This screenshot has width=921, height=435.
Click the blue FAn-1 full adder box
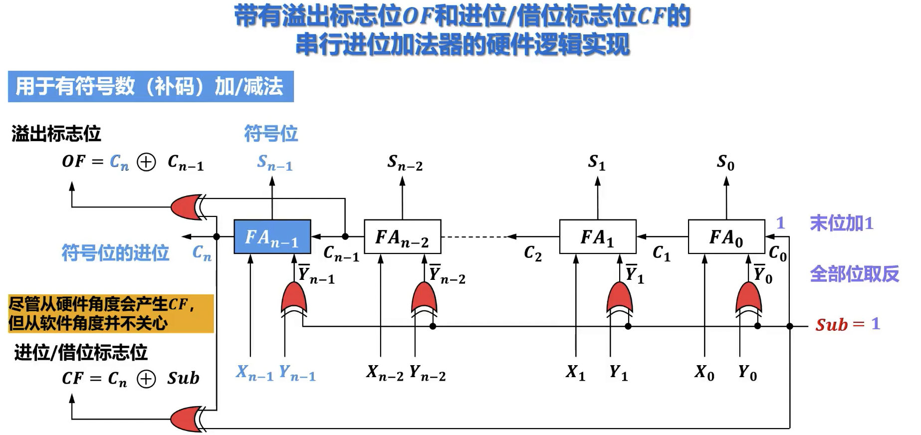(x=272, y=237)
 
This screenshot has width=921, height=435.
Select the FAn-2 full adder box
(x=402, y=237)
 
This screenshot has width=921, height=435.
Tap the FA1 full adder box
(x=597, y=237)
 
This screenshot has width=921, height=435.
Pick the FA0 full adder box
(x=726, y=237)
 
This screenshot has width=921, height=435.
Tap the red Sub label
(x=831, y=325)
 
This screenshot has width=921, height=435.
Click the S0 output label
(x=725, y=162)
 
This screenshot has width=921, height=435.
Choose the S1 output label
(x=597, y=162)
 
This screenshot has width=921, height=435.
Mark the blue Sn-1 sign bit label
(x=274, y=163)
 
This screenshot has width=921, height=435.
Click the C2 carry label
(x=532, y=254)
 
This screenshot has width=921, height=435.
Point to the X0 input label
(x=704, y=373)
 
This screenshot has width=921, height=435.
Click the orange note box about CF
(x=111, y=313)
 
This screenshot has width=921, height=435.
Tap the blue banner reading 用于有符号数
(x=150, y=86)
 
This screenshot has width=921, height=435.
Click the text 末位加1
(x=841, y=223)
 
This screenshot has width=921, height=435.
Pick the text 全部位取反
(x=854, y=274)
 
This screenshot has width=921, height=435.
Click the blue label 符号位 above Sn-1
(x=271, y=134)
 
